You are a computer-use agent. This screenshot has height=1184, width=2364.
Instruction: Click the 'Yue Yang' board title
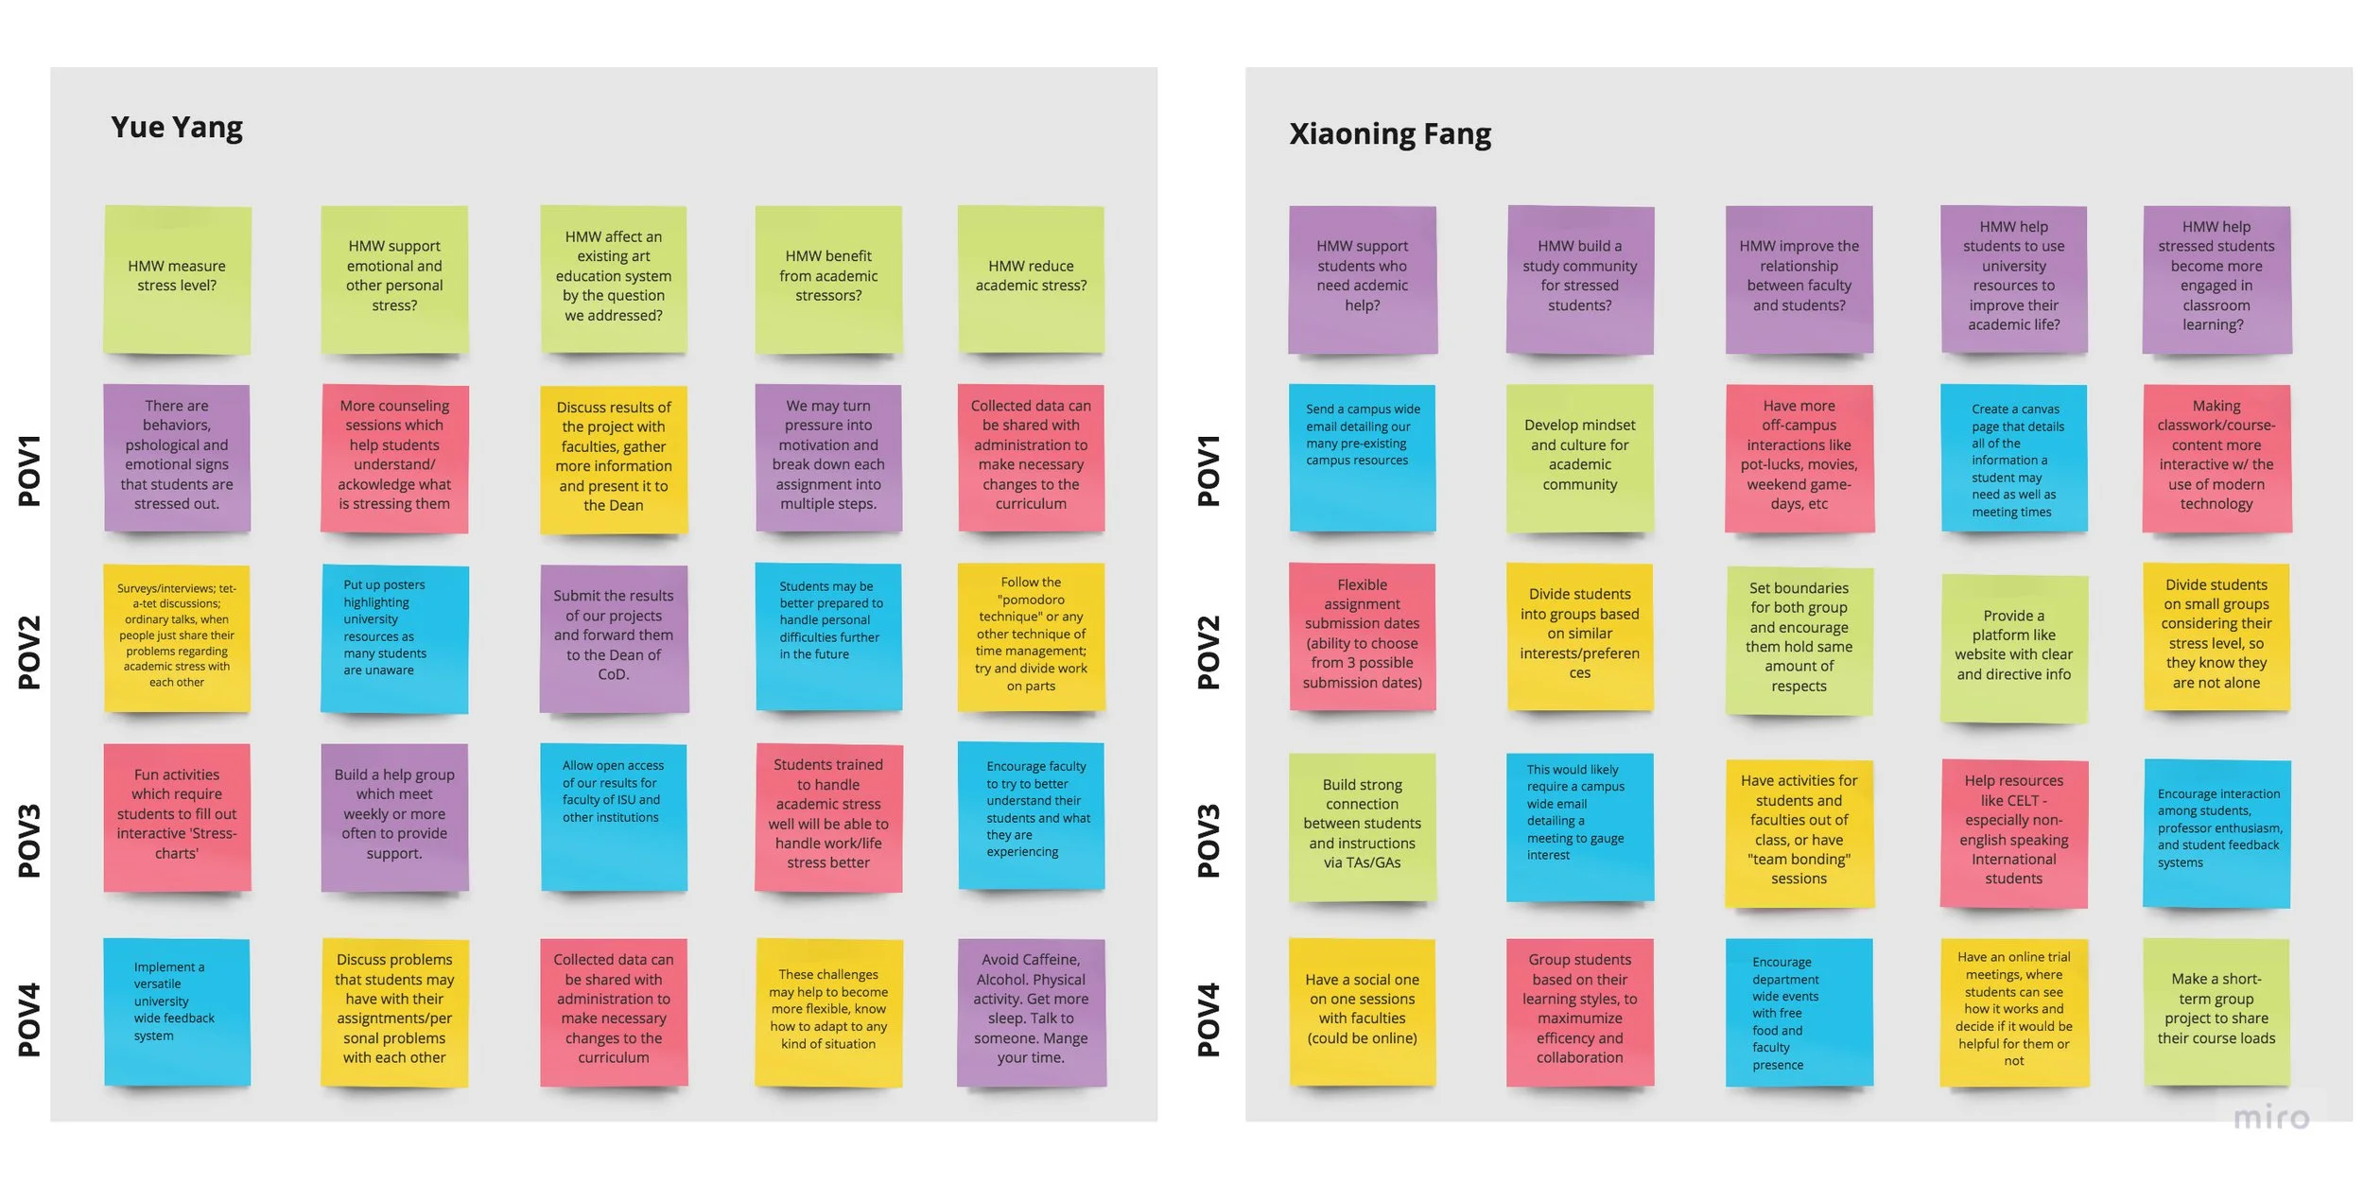(x=177, y=127)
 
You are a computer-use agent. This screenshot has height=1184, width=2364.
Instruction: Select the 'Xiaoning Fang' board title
(x=1389, y=134)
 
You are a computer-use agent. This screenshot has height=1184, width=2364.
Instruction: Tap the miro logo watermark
(x=2270, y=1118)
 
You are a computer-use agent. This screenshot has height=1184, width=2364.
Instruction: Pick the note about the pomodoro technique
(x=1031, y=636)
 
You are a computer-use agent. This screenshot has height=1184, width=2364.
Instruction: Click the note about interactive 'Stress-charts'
(x=177, y=816)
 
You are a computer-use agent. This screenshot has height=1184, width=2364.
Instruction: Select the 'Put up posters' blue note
(x=394, y=637)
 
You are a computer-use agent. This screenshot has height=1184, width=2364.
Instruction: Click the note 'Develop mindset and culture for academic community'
(x=1579, y=457)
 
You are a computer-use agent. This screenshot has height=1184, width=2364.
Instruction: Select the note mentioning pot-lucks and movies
(x=1799, y=457)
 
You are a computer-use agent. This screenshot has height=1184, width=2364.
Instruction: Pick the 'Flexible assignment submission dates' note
(x=1362, y=636)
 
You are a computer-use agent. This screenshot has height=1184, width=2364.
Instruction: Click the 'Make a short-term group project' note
(x=2216, y=1010)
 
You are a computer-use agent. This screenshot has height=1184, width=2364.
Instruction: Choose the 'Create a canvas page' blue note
(x=2013, y=459)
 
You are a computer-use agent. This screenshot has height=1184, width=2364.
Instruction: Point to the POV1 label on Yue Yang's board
(x=29, y=470)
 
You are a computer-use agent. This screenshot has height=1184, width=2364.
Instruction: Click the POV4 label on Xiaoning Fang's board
(x=1208, y=1019)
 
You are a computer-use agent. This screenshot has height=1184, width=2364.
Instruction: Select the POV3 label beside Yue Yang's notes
(x=29, y=840)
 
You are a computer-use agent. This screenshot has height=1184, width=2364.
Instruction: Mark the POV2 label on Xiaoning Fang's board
(x=1208, y=652)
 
